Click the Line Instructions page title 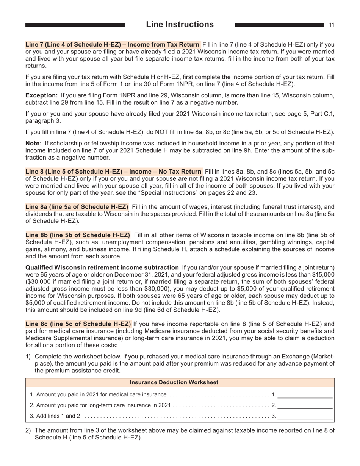tap(180, 25)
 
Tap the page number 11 tap(332, 25)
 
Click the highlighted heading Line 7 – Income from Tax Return tap(113, 44)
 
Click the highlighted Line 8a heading tap(77, 207)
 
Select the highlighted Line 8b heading tap(78, 235)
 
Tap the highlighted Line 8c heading tap(78, 324)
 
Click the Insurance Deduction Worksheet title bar tap(180, 383)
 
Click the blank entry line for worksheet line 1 tap(305, 395)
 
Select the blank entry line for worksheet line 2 tap(305, 405)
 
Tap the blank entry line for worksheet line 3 tap(305, 416)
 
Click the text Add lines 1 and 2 tap(55, 416)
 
